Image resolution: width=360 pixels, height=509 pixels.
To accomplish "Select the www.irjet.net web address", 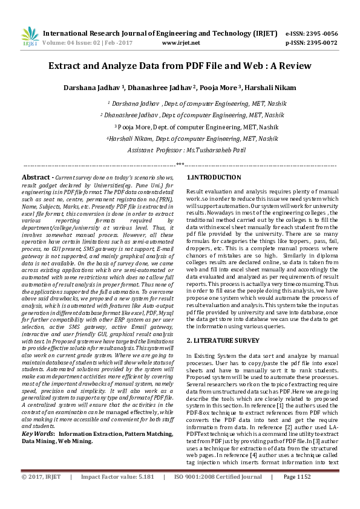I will point(182,44).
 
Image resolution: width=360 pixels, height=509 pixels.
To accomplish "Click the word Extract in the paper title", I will point(67,65).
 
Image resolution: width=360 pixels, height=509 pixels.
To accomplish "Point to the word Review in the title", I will point(295,65).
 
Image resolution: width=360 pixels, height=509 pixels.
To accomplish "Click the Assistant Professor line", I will point(180,149).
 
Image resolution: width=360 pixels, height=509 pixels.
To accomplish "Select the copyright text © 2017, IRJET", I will point(41,493).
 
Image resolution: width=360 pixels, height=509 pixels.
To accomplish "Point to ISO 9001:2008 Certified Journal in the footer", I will point(218,493).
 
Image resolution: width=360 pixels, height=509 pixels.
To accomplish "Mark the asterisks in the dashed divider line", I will point(180,164).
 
